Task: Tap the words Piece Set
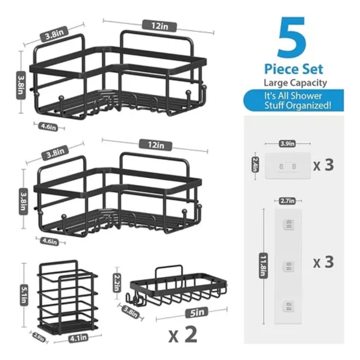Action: point(294,69)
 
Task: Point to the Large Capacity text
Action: point(295,83)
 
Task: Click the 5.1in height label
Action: point(24,295)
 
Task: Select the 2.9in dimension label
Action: point(39,337)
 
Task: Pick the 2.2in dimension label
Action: point(117,283)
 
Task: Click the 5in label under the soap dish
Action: point(197,312)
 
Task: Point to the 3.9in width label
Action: point(287,144)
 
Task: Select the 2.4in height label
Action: point(255,164)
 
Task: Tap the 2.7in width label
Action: point(287,201)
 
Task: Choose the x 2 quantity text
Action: point(183,335)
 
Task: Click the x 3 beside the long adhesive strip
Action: point(323,262)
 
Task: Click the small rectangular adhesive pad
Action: point(288,166)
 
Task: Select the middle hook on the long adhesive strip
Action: point(288,266)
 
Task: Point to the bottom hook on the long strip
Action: point(288,306)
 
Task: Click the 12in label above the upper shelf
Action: point(159,26)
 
